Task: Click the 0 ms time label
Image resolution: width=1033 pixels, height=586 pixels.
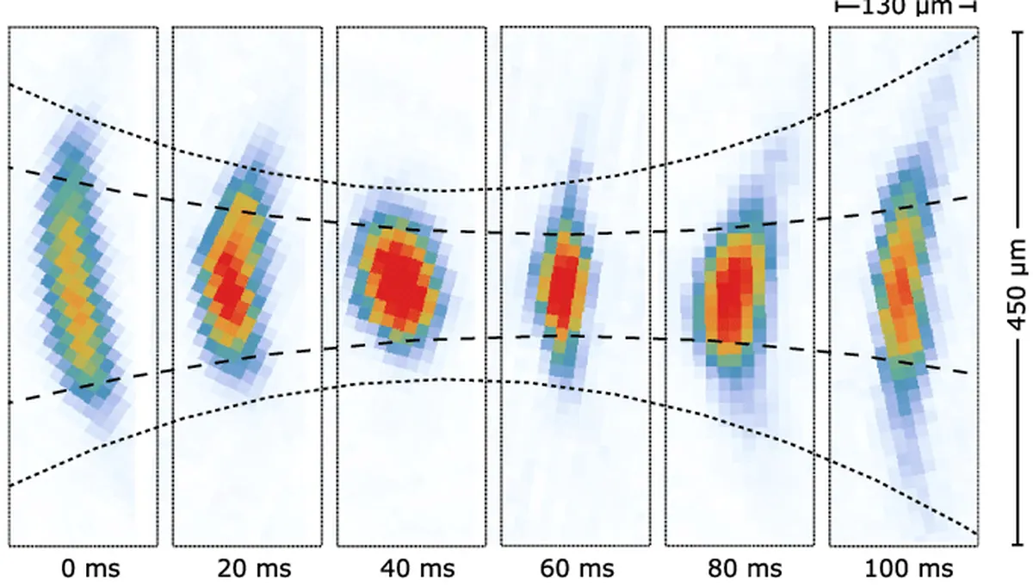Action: [x=90, y=568]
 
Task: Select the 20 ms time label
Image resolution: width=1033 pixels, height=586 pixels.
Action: [x=254, y=568]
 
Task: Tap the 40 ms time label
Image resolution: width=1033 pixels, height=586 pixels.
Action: [x=418, y=568]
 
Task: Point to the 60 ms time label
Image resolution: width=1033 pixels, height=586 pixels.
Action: [x=582, y=568]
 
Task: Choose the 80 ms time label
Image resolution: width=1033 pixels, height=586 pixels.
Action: [x=746, y=568]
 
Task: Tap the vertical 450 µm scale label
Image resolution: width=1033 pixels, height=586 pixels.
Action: [x=1017, y=287]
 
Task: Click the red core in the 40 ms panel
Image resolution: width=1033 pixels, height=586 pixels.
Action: [x=397, y=277]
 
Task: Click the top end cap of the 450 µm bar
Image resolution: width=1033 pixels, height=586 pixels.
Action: [x=1017, y=28]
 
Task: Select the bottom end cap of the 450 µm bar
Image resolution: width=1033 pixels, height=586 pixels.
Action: [x=1017, y=546]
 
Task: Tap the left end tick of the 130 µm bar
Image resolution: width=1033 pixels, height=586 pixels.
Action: [x=838, y=8]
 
